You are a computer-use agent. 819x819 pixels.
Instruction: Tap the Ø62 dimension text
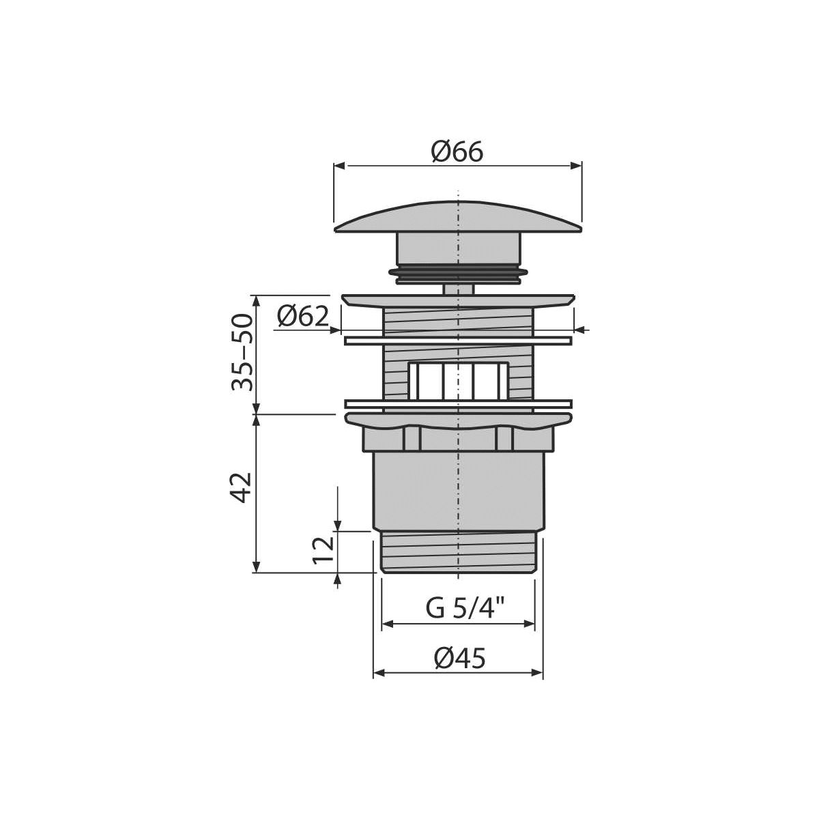pyautogui.click(x=302, y=316)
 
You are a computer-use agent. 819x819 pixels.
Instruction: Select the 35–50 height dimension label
pyautogui.click(x=242, y=352)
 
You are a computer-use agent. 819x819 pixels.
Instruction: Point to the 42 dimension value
pyautogui.click(x=242, y=487)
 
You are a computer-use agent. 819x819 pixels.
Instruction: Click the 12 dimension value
pyautogui.click(x=324, y=550)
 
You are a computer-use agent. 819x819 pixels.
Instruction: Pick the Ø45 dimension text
pyautogui.click(x=459, y=659)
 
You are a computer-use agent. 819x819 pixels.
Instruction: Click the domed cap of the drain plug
pyautogui.click(x=458, y=218)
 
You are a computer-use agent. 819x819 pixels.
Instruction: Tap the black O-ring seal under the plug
pyautogui.click(x=458, y=274)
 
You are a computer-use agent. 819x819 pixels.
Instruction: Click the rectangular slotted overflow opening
pyautogui.click(x=458, y=380)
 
